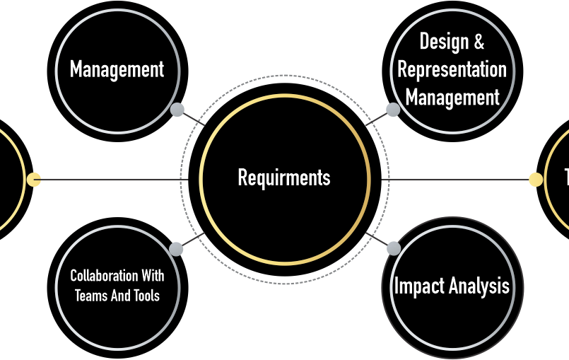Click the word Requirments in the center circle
(x=284, y=178)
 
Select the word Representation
(x=452, y=69)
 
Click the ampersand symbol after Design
(x=479, y=41)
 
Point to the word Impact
(x=420, y=286)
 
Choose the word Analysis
(x=479, y=286)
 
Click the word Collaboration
(x=104, y=276)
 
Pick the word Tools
(x=146, y=296)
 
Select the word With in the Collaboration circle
(x=153, y=276)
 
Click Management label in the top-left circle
(x=117, y=69)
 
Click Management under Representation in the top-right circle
(x=452, y=98)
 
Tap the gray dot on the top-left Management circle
(x=177, y=110)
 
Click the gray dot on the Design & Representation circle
(x=393, y=110)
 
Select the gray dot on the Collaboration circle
(x=176, y=249)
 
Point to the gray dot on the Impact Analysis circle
(x=394, y=249)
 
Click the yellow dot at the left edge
(x=34, y=180)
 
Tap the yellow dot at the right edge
(x=536, y=180)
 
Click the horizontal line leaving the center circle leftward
(x=115, y=180)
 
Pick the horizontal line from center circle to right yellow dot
(x=455, y=180)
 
